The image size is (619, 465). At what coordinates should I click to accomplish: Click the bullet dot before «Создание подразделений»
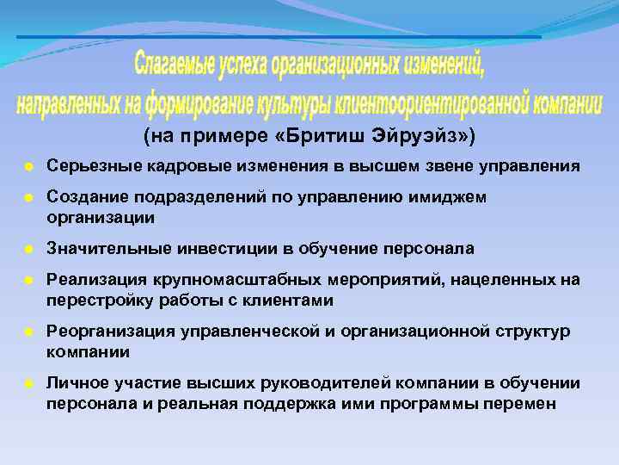pyautogui.click(x=28, y=198)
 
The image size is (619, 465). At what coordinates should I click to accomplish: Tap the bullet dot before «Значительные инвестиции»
pyautogui.click(x=28, y=249)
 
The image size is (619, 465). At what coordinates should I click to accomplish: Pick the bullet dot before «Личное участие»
pyautogui.click(x=28, y=384)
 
